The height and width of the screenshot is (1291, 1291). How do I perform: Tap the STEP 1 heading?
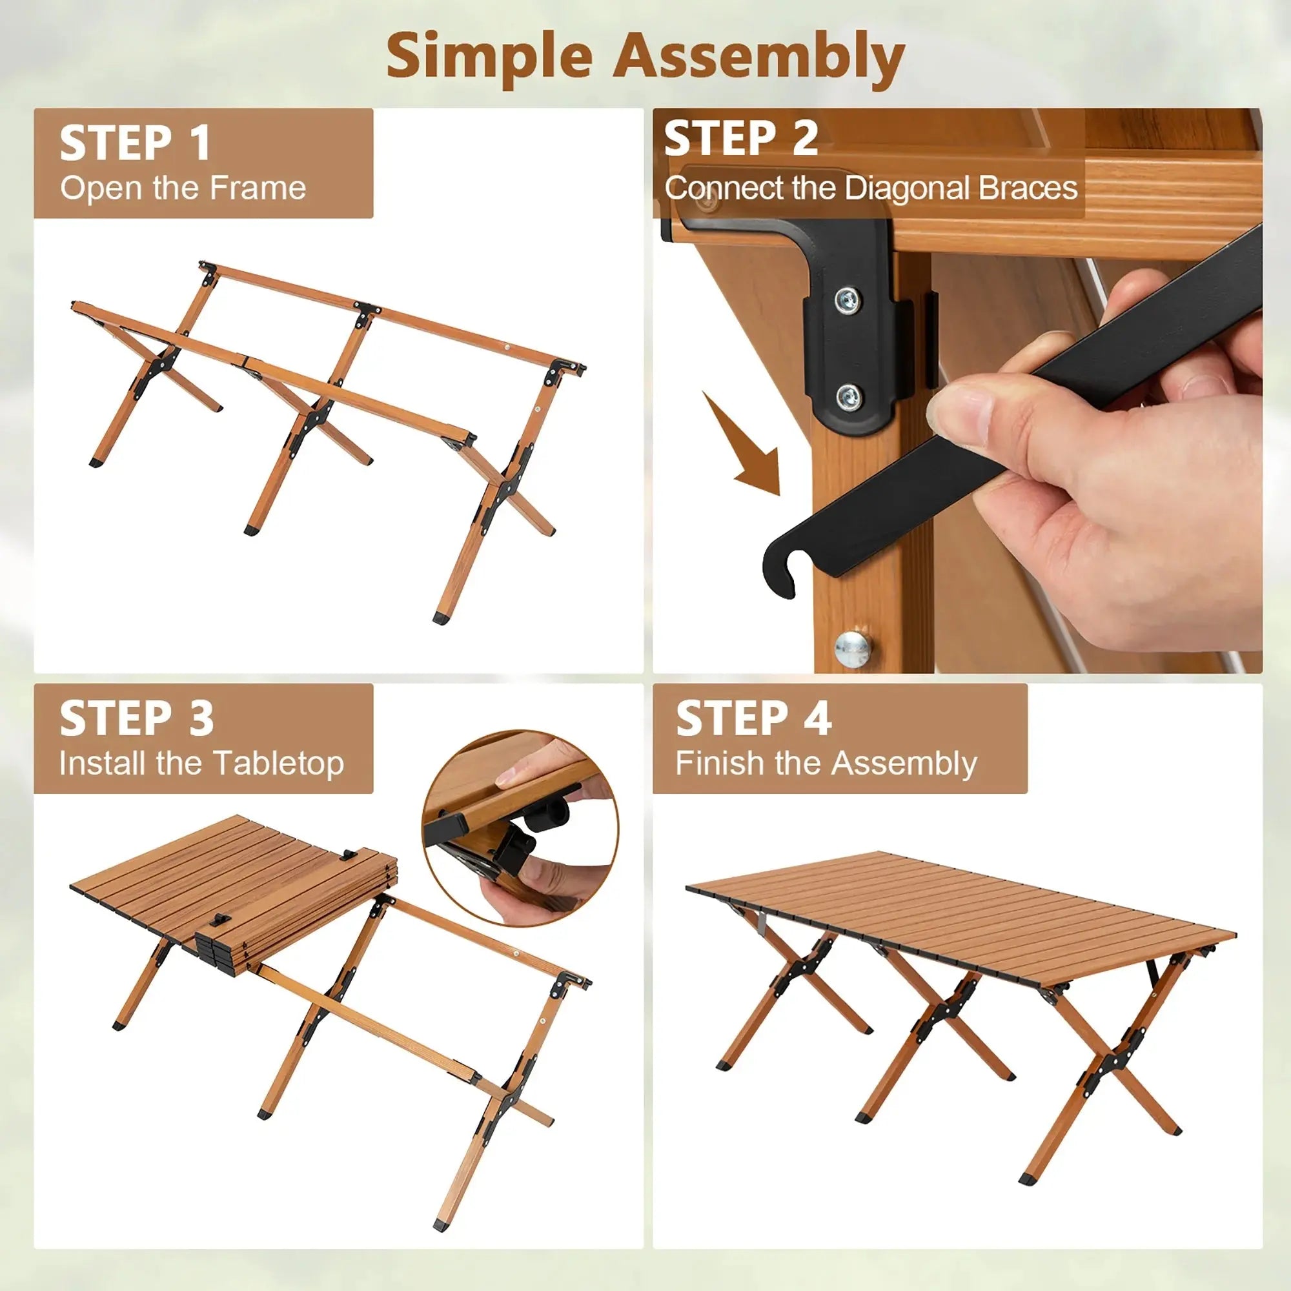135,143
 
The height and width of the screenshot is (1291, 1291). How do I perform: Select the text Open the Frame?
183,188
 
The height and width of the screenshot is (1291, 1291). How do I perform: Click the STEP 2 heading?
740,138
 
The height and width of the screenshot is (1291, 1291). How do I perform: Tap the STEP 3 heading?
136,719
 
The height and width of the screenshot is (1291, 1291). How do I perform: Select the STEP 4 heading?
753,719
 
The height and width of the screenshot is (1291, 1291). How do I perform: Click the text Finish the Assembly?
826,763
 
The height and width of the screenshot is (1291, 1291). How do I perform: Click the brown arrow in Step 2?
747,448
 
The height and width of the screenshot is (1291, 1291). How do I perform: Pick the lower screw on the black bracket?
848,398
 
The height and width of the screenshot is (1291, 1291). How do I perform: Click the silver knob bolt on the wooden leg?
853,647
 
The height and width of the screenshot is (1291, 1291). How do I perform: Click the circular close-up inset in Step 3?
520,828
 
